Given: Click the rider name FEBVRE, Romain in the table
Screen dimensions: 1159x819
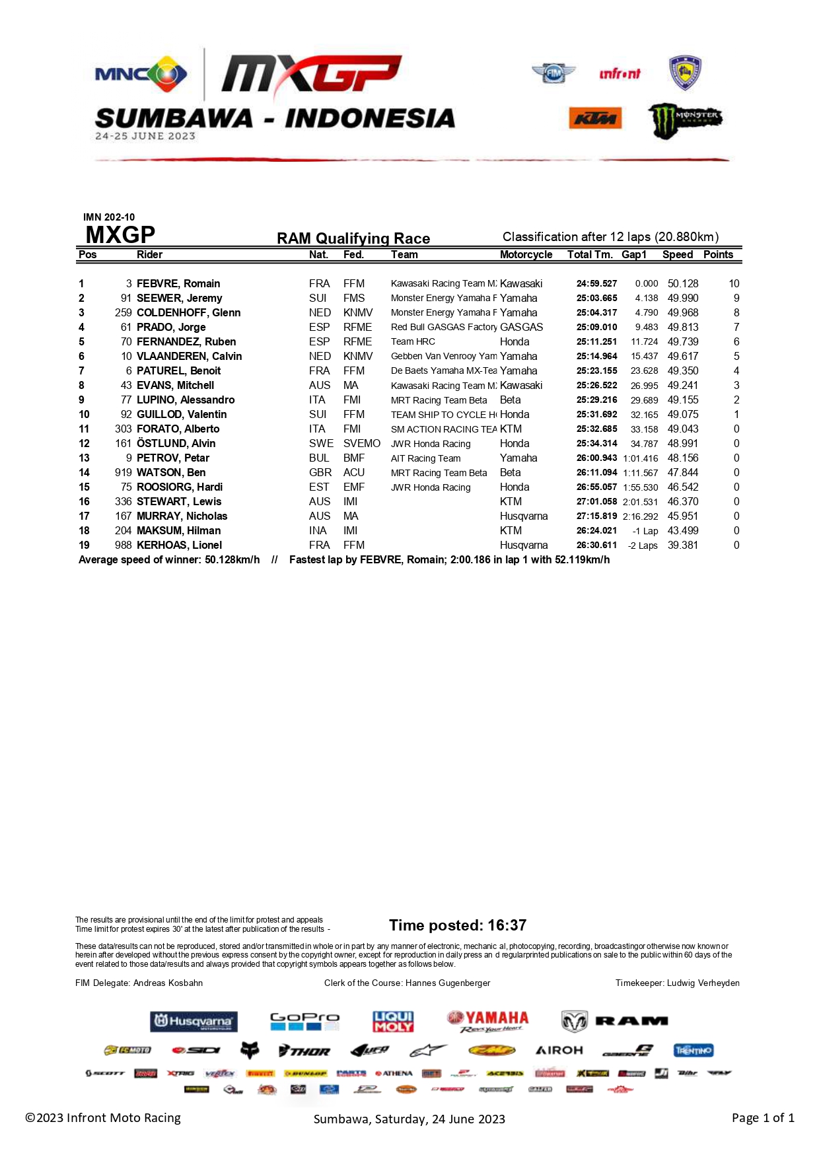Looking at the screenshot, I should click(178, 283).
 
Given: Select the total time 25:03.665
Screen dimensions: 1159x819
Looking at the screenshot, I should click(596, 298).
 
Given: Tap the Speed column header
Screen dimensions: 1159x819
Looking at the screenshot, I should click(678, 254).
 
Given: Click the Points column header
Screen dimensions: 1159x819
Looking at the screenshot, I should click(718, 254).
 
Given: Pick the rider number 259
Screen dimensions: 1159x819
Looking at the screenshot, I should click(124, 312).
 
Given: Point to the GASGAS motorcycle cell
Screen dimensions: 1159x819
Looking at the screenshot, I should click(521, 327).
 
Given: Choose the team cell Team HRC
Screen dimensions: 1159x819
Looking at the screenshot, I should click(413, 341).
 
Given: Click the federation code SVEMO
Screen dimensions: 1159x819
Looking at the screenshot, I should click(361, 443).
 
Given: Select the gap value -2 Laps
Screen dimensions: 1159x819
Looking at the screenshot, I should click(643, 545).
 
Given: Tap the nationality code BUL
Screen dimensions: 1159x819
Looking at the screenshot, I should click(319, 458).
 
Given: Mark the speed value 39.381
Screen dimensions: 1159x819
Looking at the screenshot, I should click(682, 545).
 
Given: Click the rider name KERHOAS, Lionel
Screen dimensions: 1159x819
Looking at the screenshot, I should click(179, 545).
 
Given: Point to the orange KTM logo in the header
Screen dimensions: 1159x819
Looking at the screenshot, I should click(595, 118).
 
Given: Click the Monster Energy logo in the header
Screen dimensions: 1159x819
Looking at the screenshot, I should click(684, 120).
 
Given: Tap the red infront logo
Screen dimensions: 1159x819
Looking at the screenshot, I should click(620, 74).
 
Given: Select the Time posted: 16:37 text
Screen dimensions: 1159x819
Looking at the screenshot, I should click(458, 925).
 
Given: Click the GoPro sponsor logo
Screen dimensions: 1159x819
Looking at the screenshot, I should click(304, 1021).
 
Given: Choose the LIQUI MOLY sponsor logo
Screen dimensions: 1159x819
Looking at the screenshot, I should click(393, 1021).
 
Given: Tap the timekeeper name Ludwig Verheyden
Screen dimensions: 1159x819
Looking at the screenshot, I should click(703, 983).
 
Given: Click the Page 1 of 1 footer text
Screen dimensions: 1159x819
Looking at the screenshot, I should click(763, 1117).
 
